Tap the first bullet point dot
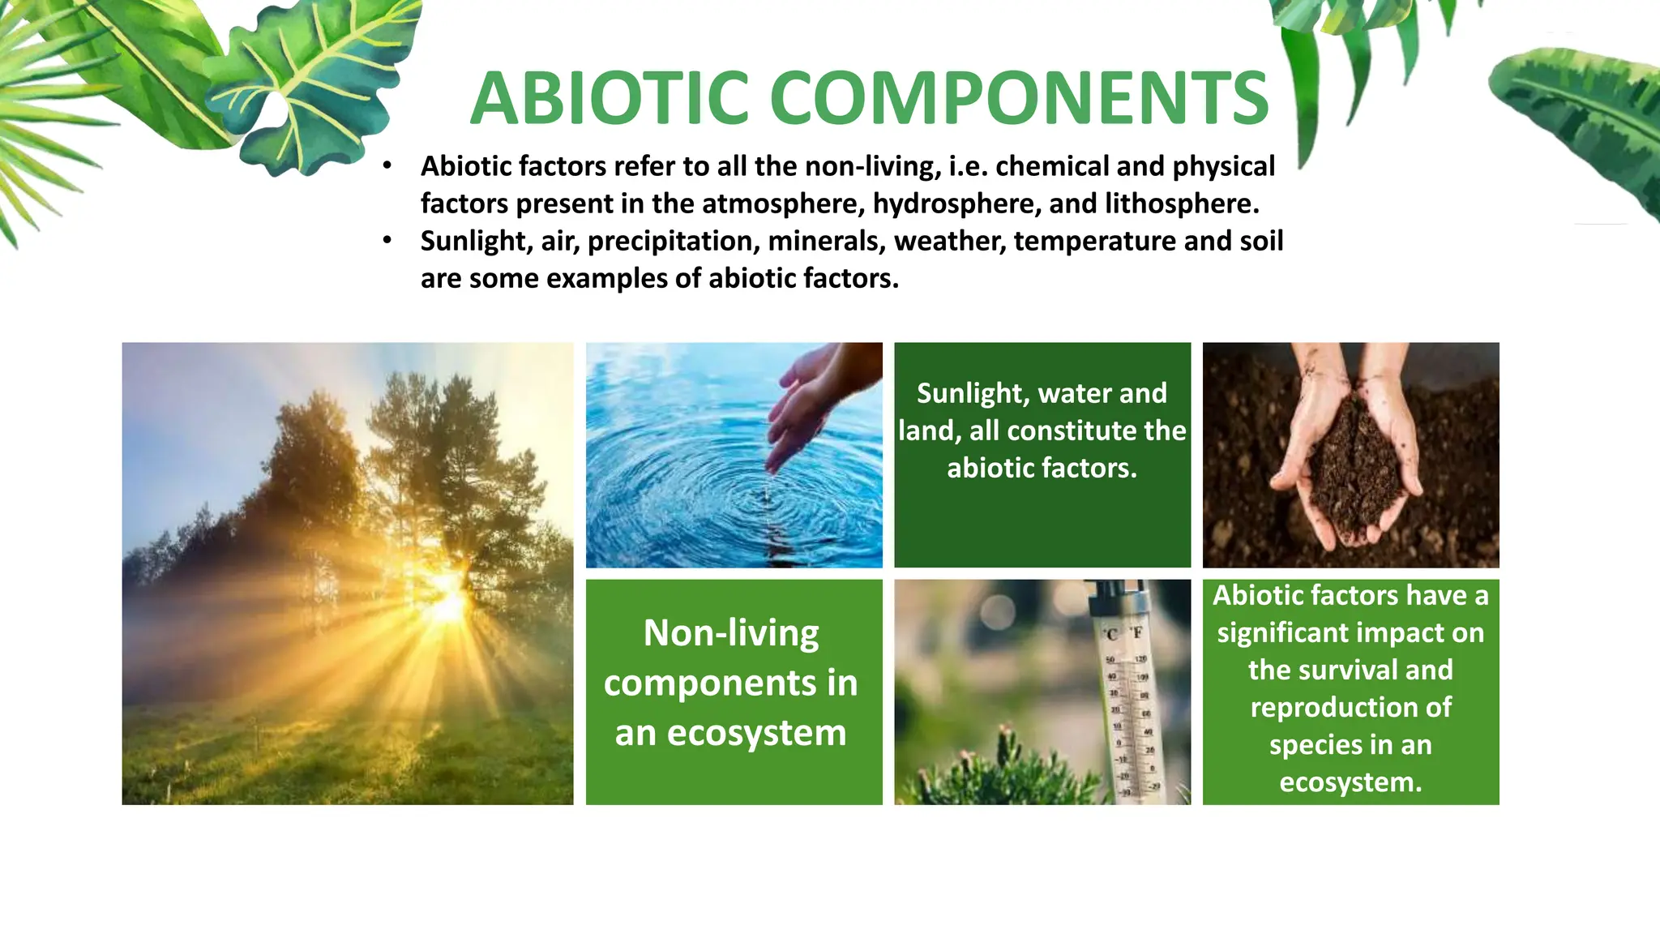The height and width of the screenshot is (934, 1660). point(387,166)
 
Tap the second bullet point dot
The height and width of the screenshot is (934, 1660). point(387,241)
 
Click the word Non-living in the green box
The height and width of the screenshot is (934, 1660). point(731,633)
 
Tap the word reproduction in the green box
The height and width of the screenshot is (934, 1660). point(1350,707)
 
